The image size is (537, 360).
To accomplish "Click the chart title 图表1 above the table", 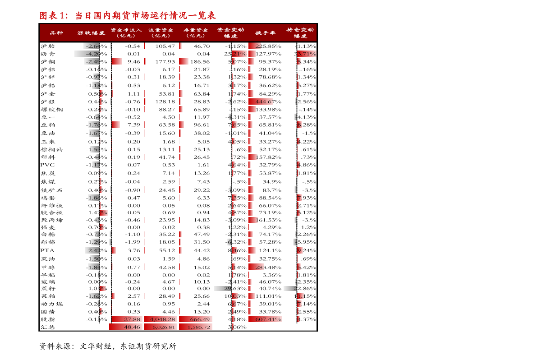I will coord(128,16).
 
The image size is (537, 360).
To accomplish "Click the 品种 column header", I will coord(56,33).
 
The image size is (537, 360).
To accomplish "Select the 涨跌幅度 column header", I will coord(91,33).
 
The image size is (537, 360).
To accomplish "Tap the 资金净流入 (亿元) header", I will coord(126,33).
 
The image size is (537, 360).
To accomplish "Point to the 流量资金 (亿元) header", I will coord(161,33).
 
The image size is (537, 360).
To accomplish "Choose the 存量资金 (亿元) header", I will coord(196,33).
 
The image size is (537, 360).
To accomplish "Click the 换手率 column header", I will coord(265,33).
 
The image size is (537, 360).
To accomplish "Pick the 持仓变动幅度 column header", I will coord(300,33).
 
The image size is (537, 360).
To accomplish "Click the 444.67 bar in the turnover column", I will coord(261,102).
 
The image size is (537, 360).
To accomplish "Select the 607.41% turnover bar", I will coord(265,319).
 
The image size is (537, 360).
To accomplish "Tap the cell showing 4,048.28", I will coord(161,319).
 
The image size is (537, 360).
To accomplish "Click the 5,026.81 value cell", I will coord(161,327).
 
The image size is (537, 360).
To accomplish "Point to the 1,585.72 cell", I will coord(196,327).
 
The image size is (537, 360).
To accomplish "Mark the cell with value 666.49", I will coord(196,319).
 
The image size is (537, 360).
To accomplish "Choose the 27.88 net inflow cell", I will coord(127,319).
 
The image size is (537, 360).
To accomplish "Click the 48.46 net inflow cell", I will coord(126,327).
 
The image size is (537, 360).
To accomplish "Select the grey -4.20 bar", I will coord(87,54).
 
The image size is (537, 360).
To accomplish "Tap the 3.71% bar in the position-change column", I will coord(307,54).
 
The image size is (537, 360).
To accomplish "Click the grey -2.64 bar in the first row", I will coord(92,46).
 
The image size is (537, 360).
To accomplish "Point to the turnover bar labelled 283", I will coord(257,267).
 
